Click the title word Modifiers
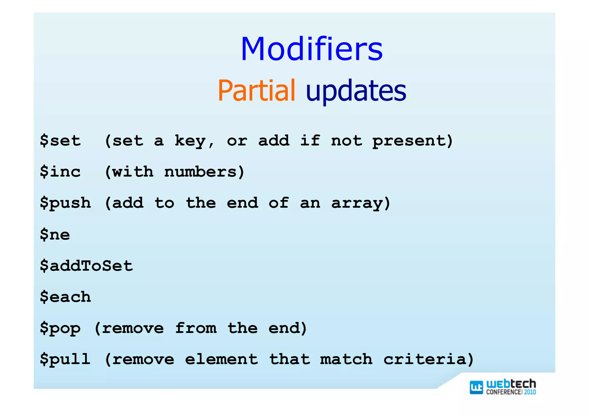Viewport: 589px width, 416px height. click(x=311, y=49)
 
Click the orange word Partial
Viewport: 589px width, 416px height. click(x=256, y=91)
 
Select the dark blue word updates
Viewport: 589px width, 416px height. click(x=356, y=91)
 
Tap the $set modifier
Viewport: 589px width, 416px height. click(x=60, y=141)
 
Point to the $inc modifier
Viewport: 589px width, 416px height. click(x=60, y=172)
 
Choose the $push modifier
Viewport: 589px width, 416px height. click(x=65, y=203)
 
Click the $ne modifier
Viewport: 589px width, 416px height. click(x=55, y=234)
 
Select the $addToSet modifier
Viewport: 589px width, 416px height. click(x=86, y=265)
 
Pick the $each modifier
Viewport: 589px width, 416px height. click(x=65, y=297)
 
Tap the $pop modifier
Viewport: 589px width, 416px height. click(x=60, y=328)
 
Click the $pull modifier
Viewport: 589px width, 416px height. click(x=65, y=359)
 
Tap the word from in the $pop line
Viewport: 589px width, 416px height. click(x=196, y=328)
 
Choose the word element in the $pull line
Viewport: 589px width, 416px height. click(x=221, y=359)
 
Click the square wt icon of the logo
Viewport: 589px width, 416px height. click(x=476, y=387)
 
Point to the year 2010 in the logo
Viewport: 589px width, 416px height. click(x=530, y=392)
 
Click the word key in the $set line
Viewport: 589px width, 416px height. click(x=190, y=141)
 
